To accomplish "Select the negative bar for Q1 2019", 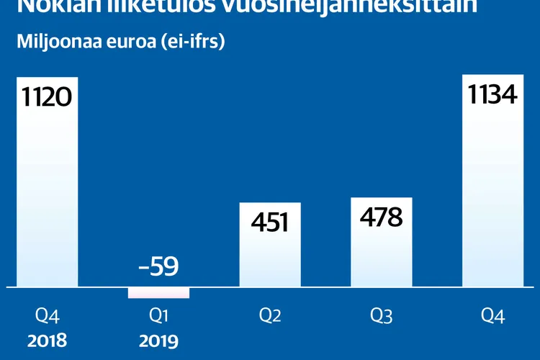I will pos(158,293).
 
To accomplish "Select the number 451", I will pos(270,222).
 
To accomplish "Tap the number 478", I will pos(382,217).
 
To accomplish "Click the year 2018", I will pos(47,338).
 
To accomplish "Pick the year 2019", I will pos(158,338).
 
